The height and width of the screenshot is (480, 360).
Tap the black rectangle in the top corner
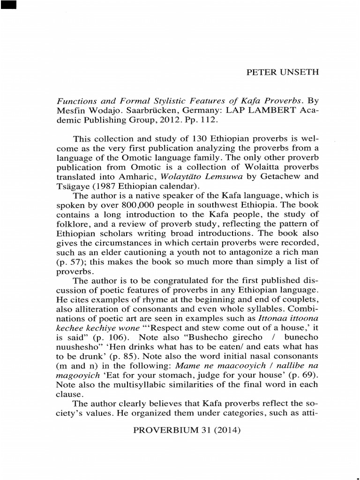8,6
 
